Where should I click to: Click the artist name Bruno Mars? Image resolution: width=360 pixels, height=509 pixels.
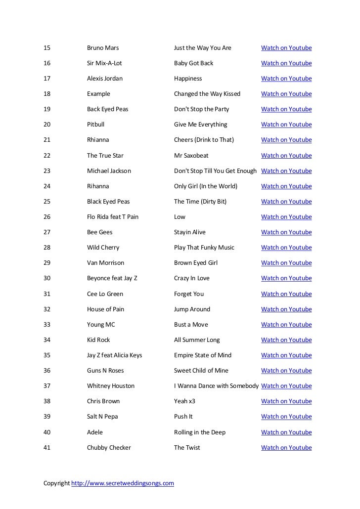click(103, 48)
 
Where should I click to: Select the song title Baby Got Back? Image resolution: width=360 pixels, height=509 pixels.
click(194, 63)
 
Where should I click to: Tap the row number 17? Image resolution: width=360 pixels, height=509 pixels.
click(47, 79)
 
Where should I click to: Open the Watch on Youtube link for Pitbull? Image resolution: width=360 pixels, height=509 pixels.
click(286, 125)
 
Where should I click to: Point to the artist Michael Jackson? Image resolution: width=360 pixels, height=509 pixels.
click(109, 171)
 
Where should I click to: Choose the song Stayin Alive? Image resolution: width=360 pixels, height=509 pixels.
click(190, 232)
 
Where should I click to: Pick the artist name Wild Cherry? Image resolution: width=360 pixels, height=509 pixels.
click(103, 248)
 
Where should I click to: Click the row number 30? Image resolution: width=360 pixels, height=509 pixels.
click(47, 278)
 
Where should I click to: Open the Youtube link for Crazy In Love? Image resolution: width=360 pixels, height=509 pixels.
click(286, 278)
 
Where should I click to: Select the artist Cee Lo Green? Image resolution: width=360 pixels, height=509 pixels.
click(105, 294)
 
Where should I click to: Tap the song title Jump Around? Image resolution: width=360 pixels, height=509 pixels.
click(192, 309)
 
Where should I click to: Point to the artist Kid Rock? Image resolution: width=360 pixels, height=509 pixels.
click(98, 340)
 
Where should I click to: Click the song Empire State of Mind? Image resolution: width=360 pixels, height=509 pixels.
click(203, 355)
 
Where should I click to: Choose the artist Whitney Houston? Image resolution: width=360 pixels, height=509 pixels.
click(111, 386)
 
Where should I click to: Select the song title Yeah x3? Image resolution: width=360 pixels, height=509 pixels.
click(184, 401)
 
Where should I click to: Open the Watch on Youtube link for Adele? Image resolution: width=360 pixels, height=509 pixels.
click(286, 432)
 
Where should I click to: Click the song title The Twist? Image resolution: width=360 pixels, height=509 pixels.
click(187, 448)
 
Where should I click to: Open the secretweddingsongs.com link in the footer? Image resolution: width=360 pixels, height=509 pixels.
click(123, 483)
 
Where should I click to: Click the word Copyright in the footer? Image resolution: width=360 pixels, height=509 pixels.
click(57, 483)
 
